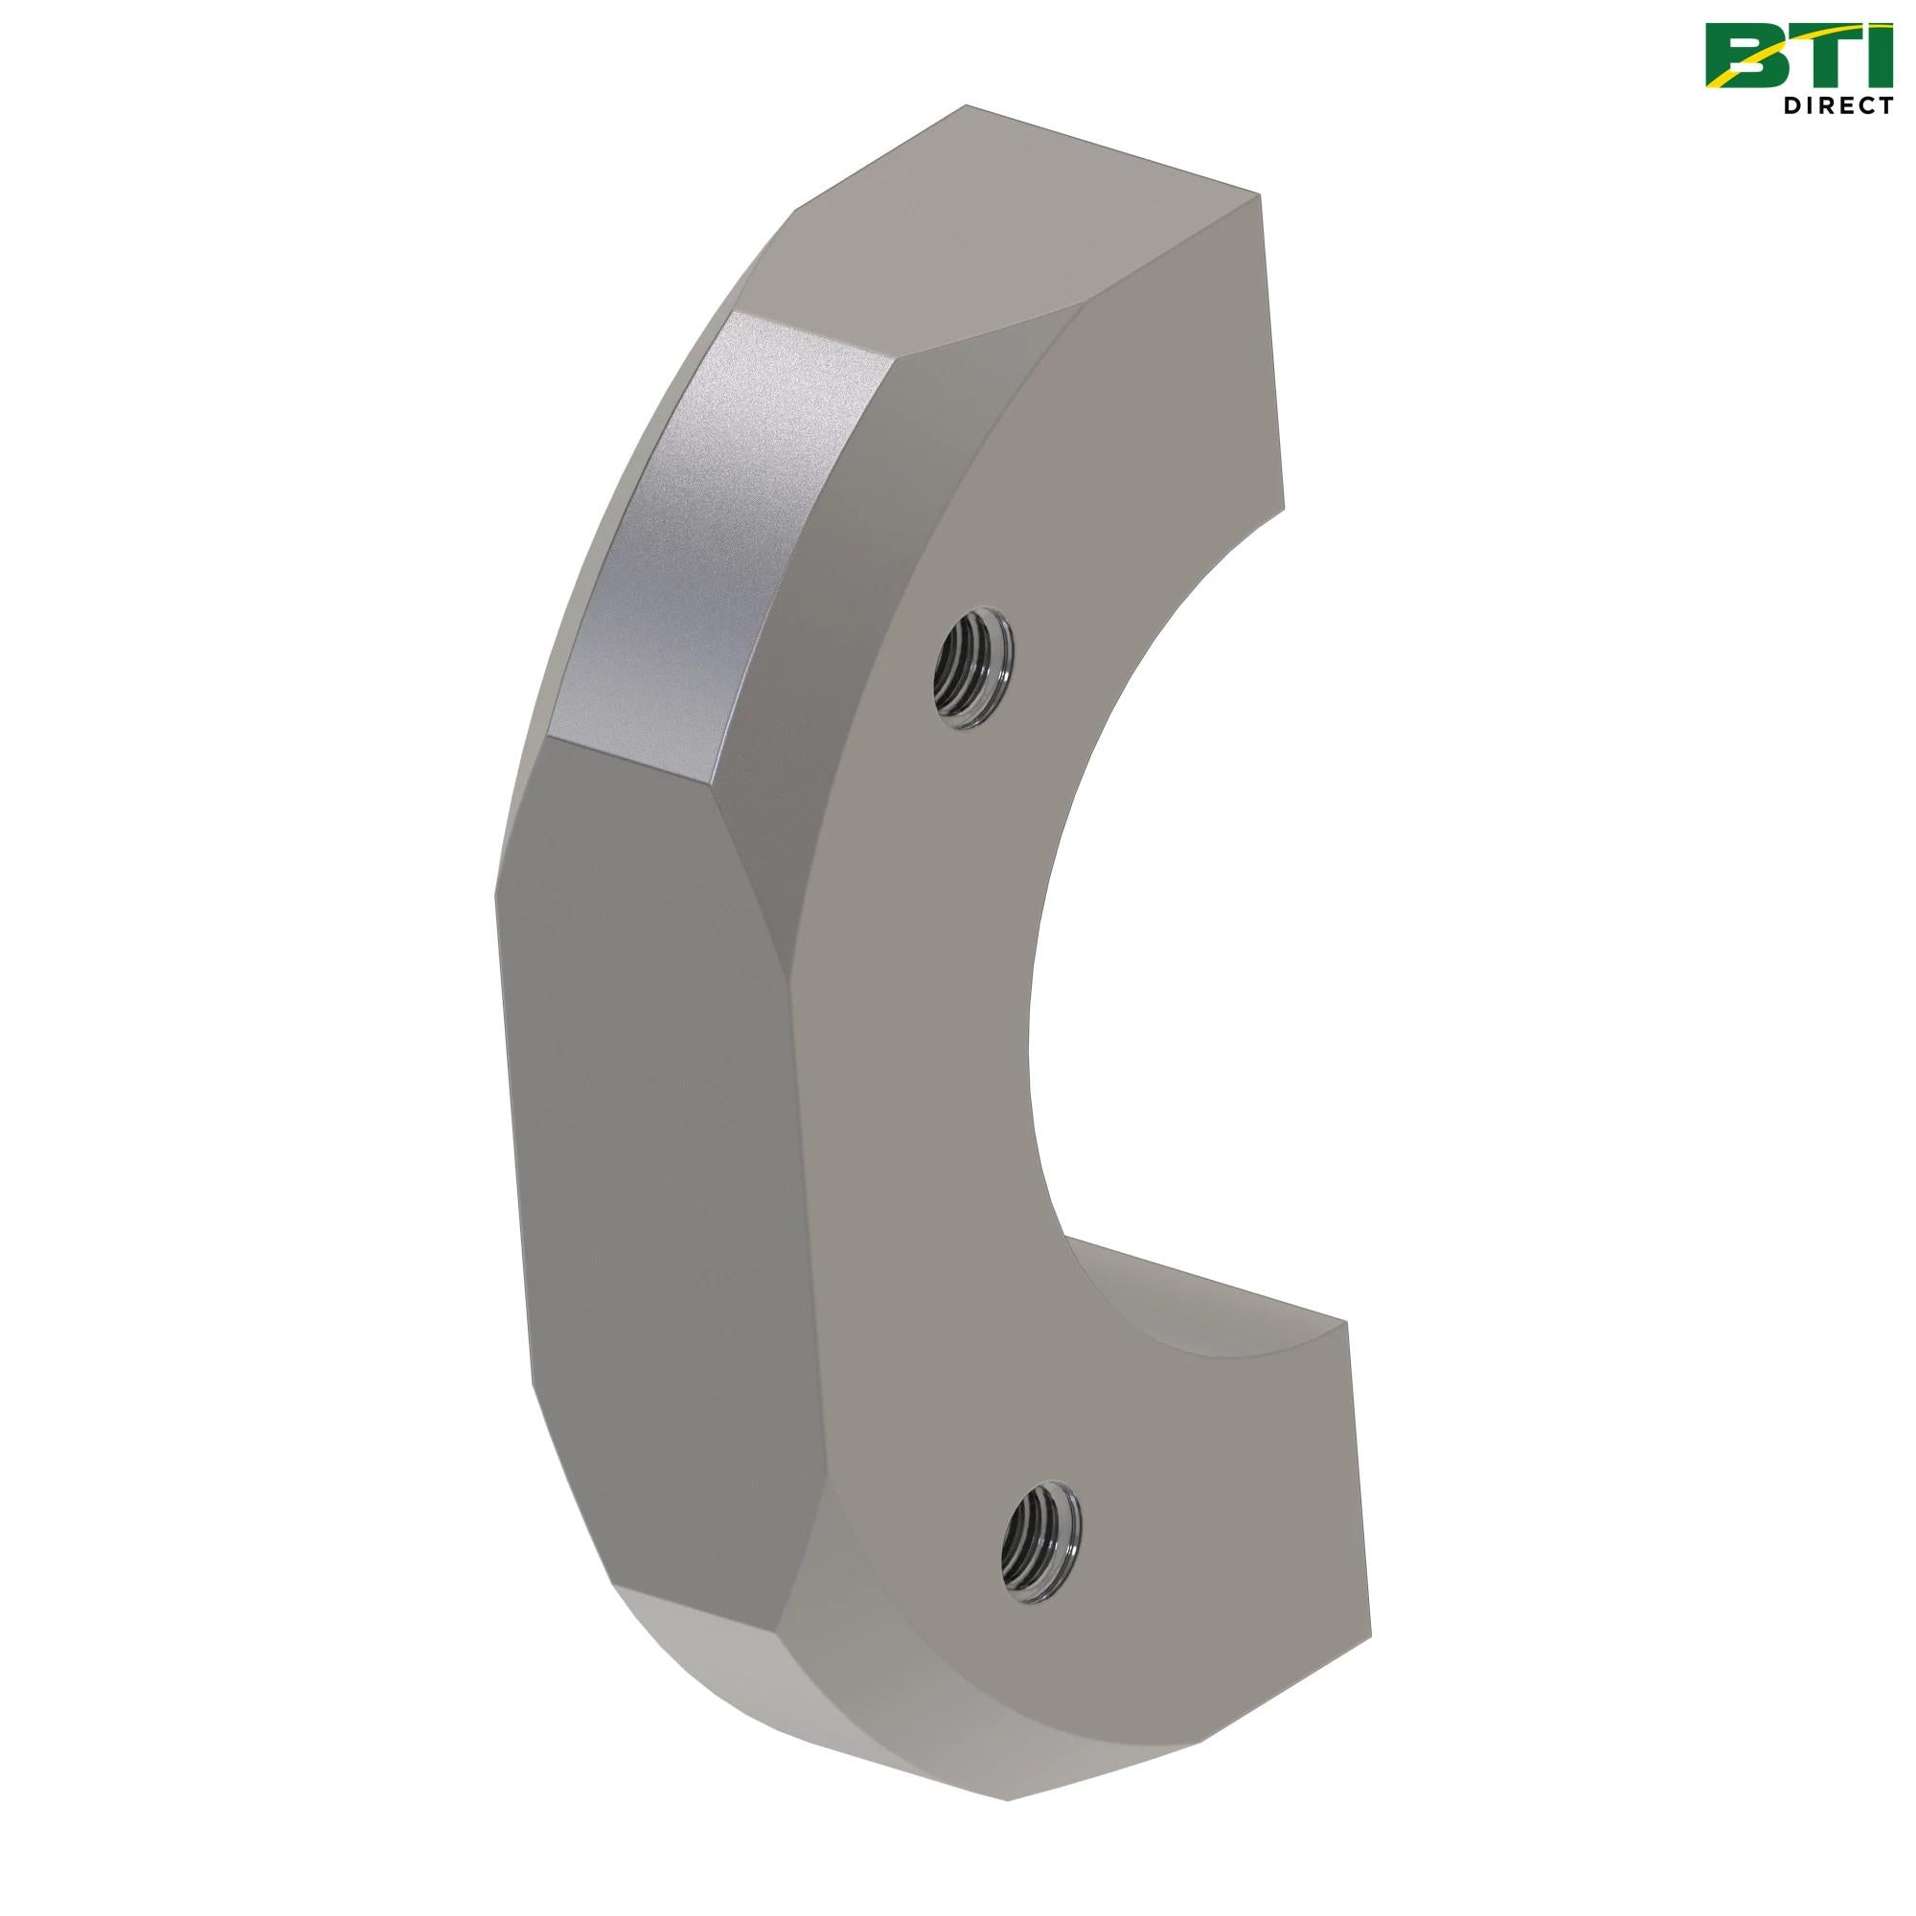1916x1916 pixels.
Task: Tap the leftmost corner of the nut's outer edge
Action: coord(496,893)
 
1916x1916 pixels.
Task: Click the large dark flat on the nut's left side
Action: coord(654,1140)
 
